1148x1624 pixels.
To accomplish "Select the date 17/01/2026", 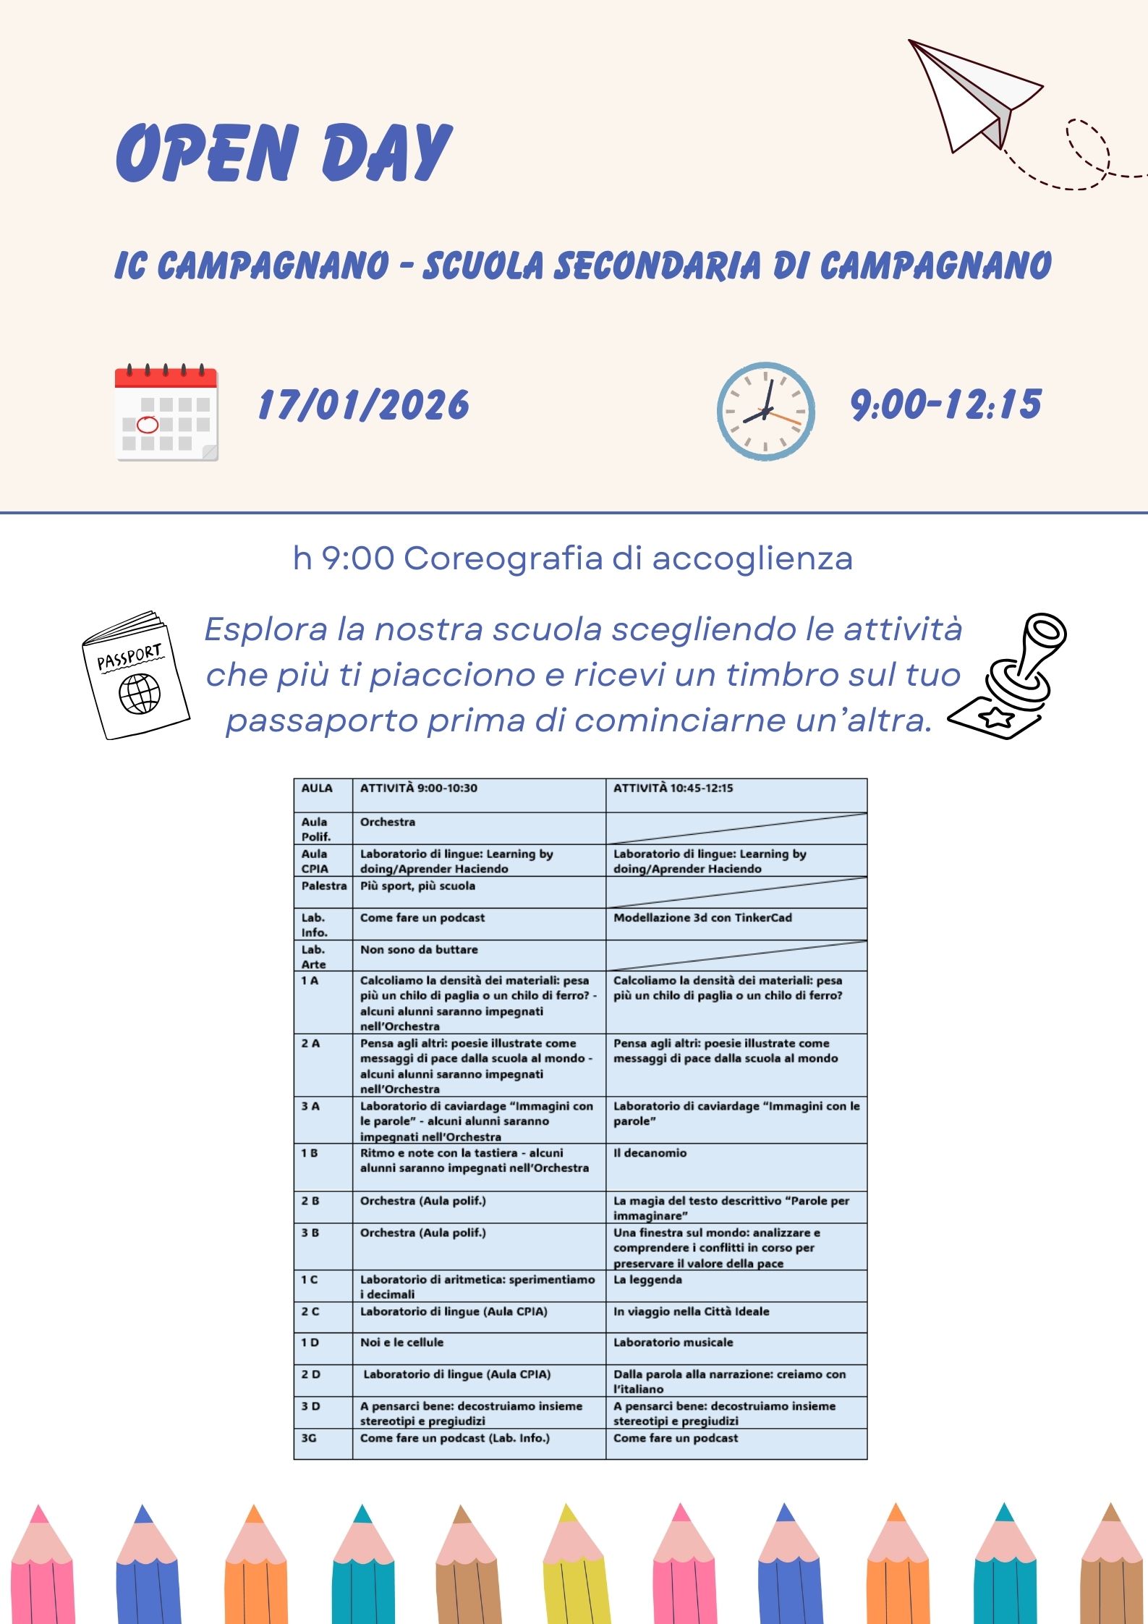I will pos(363,404).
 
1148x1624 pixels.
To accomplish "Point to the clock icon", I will pos(765,412).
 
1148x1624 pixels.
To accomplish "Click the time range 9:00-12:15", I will pos(945,404).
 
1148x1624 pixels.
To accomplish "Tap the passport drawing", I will pos(135,675).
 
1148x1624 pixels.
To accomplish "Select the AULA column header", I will pos(317,788).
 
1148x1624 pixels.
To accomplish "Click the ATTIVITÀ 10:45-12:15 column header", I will pos(673,788).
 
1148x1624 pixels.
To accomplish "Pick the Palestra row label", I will pos(323,886).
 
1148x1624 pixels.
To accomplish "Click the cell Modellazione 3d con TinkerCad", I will pos(702,918).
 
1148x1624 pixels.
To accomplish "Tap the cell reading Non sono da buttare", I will pos(419,950).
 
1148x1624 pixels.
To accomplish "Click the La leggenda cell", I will pos(647,1280).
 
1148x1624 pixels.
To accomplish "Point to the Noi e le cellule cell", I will pos(401,1343).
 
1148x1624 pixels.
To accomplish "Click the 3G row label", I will pos(309,1438).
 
